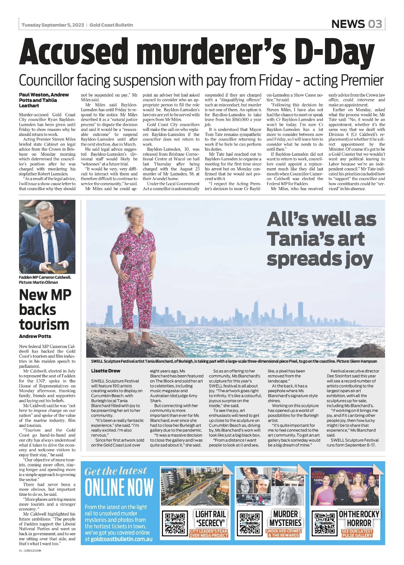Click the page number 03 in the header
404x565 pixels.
pos(374,24)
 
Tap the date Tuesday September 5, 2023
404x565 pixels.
pos(52,25)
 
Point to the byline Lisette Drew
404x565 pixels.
pos(106,371)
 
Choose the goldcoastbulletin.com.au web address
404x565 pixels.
pos(121,539)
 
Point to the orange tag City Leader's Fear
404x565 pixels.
pos(209,533)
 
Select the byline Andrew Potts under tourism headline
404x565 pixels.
pos(35,336)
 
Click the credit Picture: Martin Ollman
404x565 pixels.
pos(38,282)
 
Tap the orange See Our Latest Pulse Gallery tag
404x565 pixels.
pos(357,533)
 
